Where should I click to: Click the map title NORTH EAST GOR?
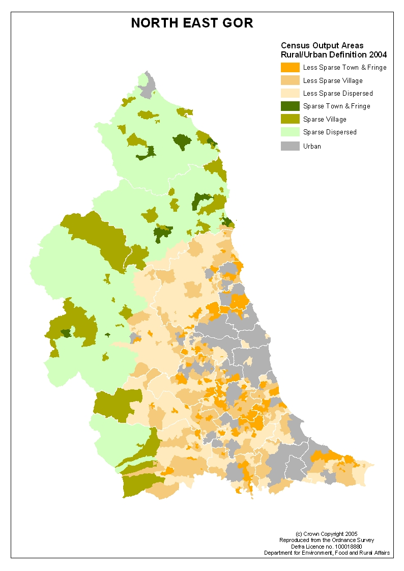pos(192,23)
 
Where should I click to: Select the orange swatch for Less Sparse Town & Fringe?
pos(290,67)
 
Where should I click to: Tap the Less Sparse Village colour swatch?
pos(290,80)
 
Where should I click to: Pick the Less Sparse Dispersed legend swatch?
pos(290,93)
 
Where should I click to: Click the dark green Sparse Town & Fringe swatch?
pos(290,106)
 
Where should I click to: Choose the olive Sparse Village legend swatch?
pos(290,119)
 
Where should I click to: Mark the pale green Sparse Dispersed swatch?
pos(290,132)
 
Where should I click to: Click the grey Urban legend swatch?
pos(290,146)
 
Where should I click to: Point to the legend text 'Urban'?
pos(312,147)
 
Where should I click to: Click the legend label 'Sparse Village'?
pos(325,119)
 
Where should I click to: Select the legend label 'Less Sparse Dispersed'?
pos(338,94)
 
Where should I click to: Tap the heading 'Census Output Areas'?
pos(322,46)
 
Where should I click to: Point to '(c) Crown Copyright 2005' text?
pos(327,534)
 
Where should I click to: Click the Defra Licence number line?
pos(327,546)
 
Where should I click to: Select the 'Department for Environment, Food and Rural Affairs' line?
pos(327,553)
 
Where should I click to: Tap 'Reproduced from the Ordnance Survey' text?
pos(327,540)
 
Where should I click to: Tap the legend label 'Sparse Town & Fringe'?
pos(336,106)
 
